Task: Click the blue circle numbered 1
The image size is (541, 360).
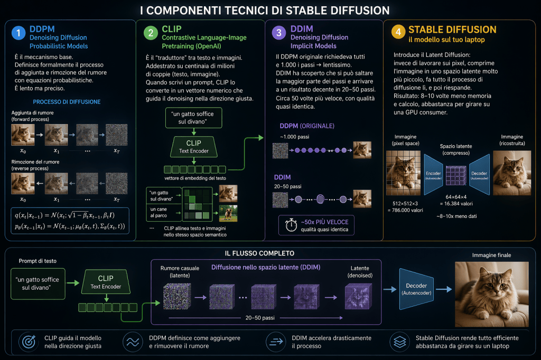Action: (x=18, y=33)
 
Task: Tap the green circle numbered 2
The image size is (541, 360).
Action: (x=151, y=33)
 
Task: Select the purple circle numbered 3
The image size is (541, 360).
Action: (x=279, y=33)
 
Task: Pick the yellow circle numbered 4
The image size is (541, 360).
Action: (x=398, y=32)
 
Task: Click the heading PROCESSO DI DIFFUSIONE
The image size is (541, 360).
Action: (x=67, y=102)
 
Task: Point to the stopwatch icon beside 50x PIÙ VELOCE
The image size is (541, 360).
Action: (x=291, y=225)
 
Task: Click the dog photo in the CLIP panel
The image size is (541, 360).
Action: (x=228, y=213)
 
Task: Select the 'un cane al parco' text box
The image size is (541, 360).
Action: (x=164, y=212)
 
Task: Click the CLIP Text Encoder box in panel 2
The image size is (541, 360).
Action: (x=194, y=147)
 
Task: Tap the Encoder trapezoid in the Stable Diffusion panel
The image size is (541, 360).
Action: (x=433, y=175)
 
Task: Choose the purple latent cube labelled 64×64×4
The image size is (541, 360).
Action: (x=456, y=175)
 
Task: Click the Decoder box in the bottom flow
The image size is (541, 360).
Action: (x=416, y=289)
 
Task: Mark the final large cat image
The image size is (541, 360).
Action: (x=492, y=294)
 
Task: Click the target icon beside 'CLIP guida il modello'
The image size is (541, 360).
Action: (x=29, y=342)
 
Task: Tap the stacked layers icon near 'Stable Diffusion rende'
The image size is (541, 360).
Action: (x=399, y=342)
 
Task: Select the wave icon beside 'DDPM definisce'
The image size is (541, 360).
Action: (x=133, y=342)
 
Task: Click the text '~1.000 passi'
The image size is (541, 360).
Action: (x=295, y=137)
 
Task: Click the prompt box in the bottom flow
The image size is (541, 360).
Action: (x=38, y=283)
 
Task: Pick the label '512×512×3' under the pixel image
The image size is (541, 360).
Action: (x=405, y=203)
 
